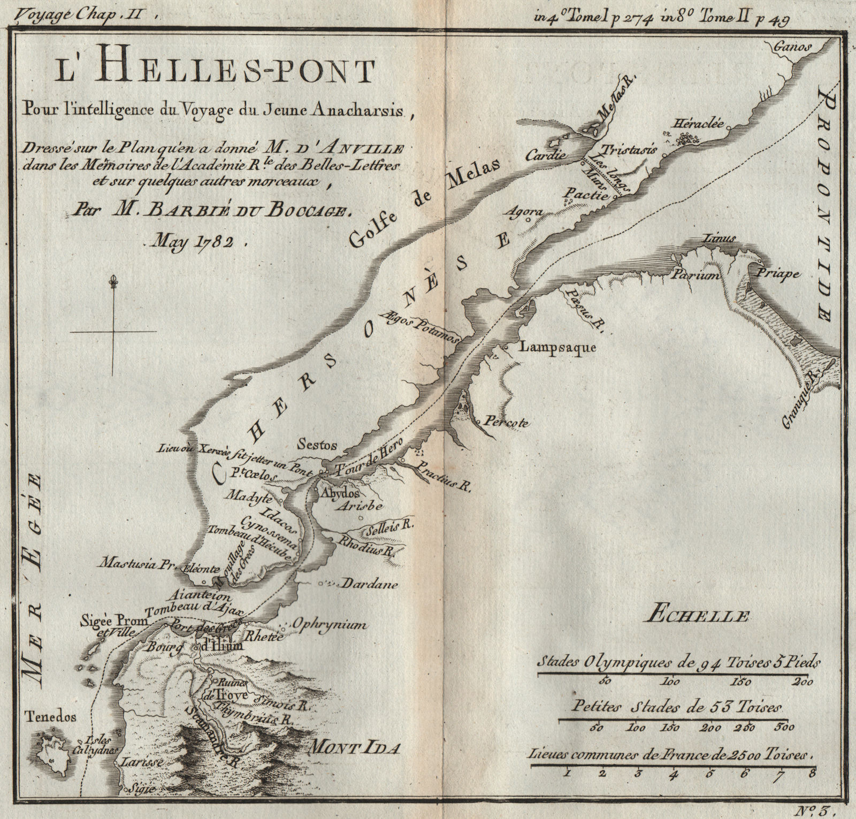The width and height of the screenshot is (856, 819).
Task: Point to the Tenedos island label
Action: pyautogui.click(x=50, y=717)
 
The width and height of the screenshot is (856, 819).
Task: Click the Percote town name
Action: pyautogui.click(x=506, y=423)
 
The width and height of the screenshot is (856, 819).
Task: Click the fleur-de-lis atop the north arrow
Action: pyautogui.click(x=113, y=281)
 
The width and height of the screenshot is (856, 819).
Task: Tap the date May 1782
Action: pyautogui.click(x=193, y=242)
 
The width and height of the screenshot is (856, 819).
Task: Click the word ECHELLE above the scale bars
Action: pyautogui.click(x=697, y=616)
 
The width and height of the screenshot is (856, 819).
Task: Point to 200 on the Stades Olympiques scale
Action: pyautogui.click(x=803, y=682)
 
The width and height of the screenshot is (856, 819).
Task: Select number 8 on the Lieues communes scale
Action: pyautogui.click(x=812, y=772)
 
